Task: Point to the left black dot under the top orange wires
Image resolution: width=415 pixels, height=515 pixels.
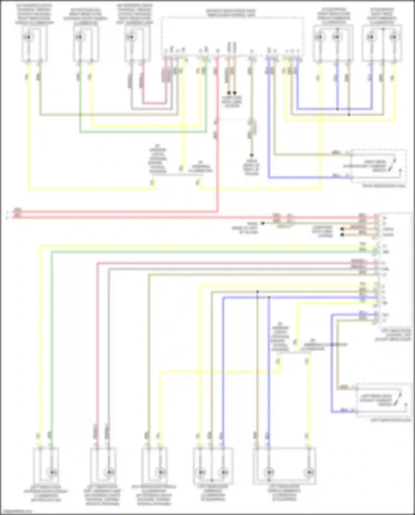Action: pyautogui.click(x=229, y=93)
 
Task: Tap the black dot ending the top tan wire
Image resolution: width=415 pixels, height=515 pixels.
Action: pyautogui.click(x=251, y=155)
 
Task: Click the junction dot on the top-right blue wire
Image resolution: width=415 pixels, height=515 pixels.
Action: pyautogui.click(x=338, y=109)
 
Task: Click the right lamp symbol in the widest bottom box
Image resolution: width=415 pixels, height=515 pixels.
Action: pyautogui.click(x=309, y=472)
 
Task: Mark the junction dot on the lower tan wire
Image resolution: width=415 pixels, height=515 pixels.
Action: pyautogui.click(x=258, y=292)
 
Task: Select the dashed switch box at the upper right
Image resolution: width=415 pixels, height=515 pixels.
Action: pyautogui.click(x=379, y=166)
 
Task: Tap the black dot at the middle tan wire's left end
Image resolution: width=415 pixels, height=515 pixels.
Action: pyautogui.click(x=263, y=223)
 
